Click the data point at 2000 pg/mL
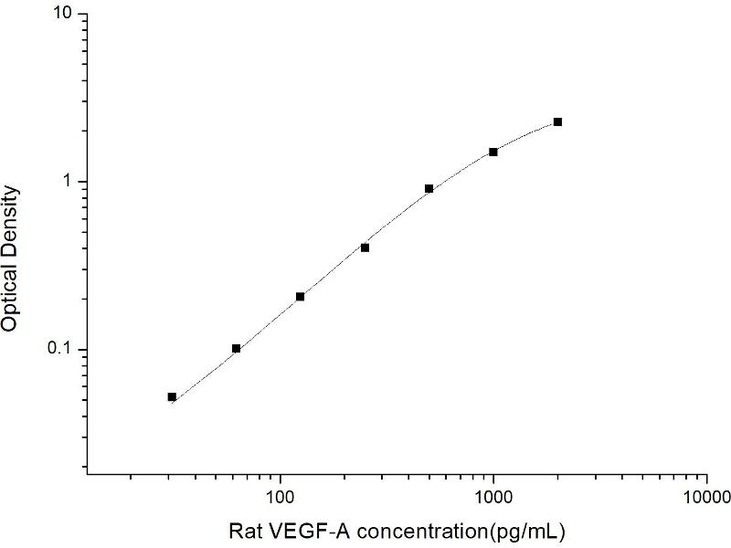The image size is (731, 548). pos(557,121)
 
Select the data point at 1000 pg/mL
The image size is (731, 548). pos(493,152)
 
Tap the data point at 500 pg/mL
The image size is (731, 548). pos(429,188)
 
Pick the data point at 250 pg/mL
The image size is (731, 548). pos(365,248)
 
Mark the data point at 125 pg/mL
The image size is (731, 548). pos(300,296)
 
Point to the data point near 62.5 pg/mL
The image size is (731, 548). pos(236,348)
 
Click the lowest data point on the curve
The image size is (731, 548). pos(172,396)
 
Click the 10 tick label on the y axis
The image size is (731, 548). pos(64,16)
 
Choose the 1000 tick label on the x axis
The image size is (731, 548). pos(493,498)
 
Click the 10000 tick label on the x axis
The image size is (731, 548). pos(706,498)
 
